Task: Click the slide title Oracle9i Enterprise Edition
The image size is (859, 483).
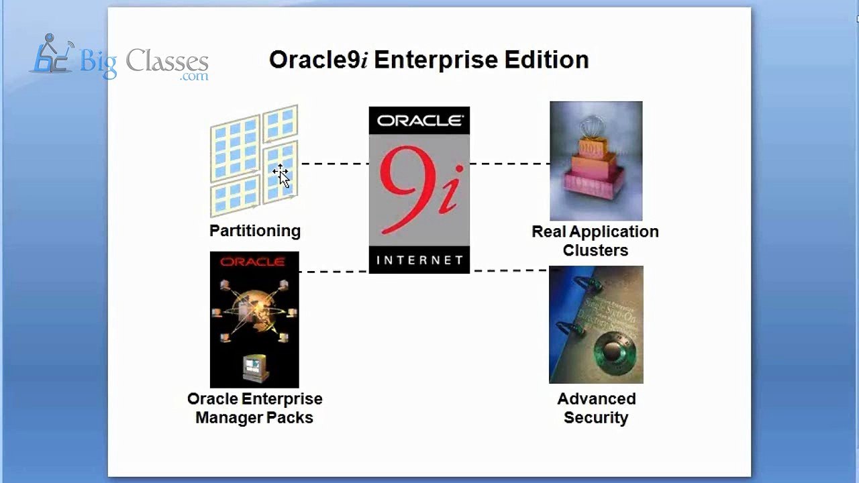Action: (x=428, y=60)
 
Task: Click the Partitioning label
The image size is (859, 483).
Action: (x=255, y=231)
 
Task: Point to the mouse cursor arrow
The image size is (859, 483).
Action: (x=283, y=177)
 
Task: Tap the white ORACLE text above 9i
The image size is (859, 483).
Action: (x=419, y=121)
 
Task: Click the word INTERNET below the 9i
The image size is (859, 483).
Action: (x=419, y=260)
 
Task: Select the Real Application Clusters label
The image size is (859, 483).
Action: (x=595, y=241)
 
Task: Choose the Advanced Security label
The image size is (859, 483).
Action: (x=596, y=408)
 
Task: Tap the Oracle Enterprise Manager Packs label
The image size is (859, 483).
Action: (x=254, y=408)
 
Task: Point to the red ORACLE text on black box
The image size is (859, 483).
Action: (x=252, y=262)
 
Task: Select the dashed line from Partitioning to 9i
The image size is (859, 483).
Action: (x=334, y=164)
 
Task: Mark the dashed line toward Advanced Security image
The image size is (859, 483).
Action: (x=510, y=271)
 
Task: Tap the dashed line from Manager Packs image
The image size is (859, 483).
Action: (x=334, y=272)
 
